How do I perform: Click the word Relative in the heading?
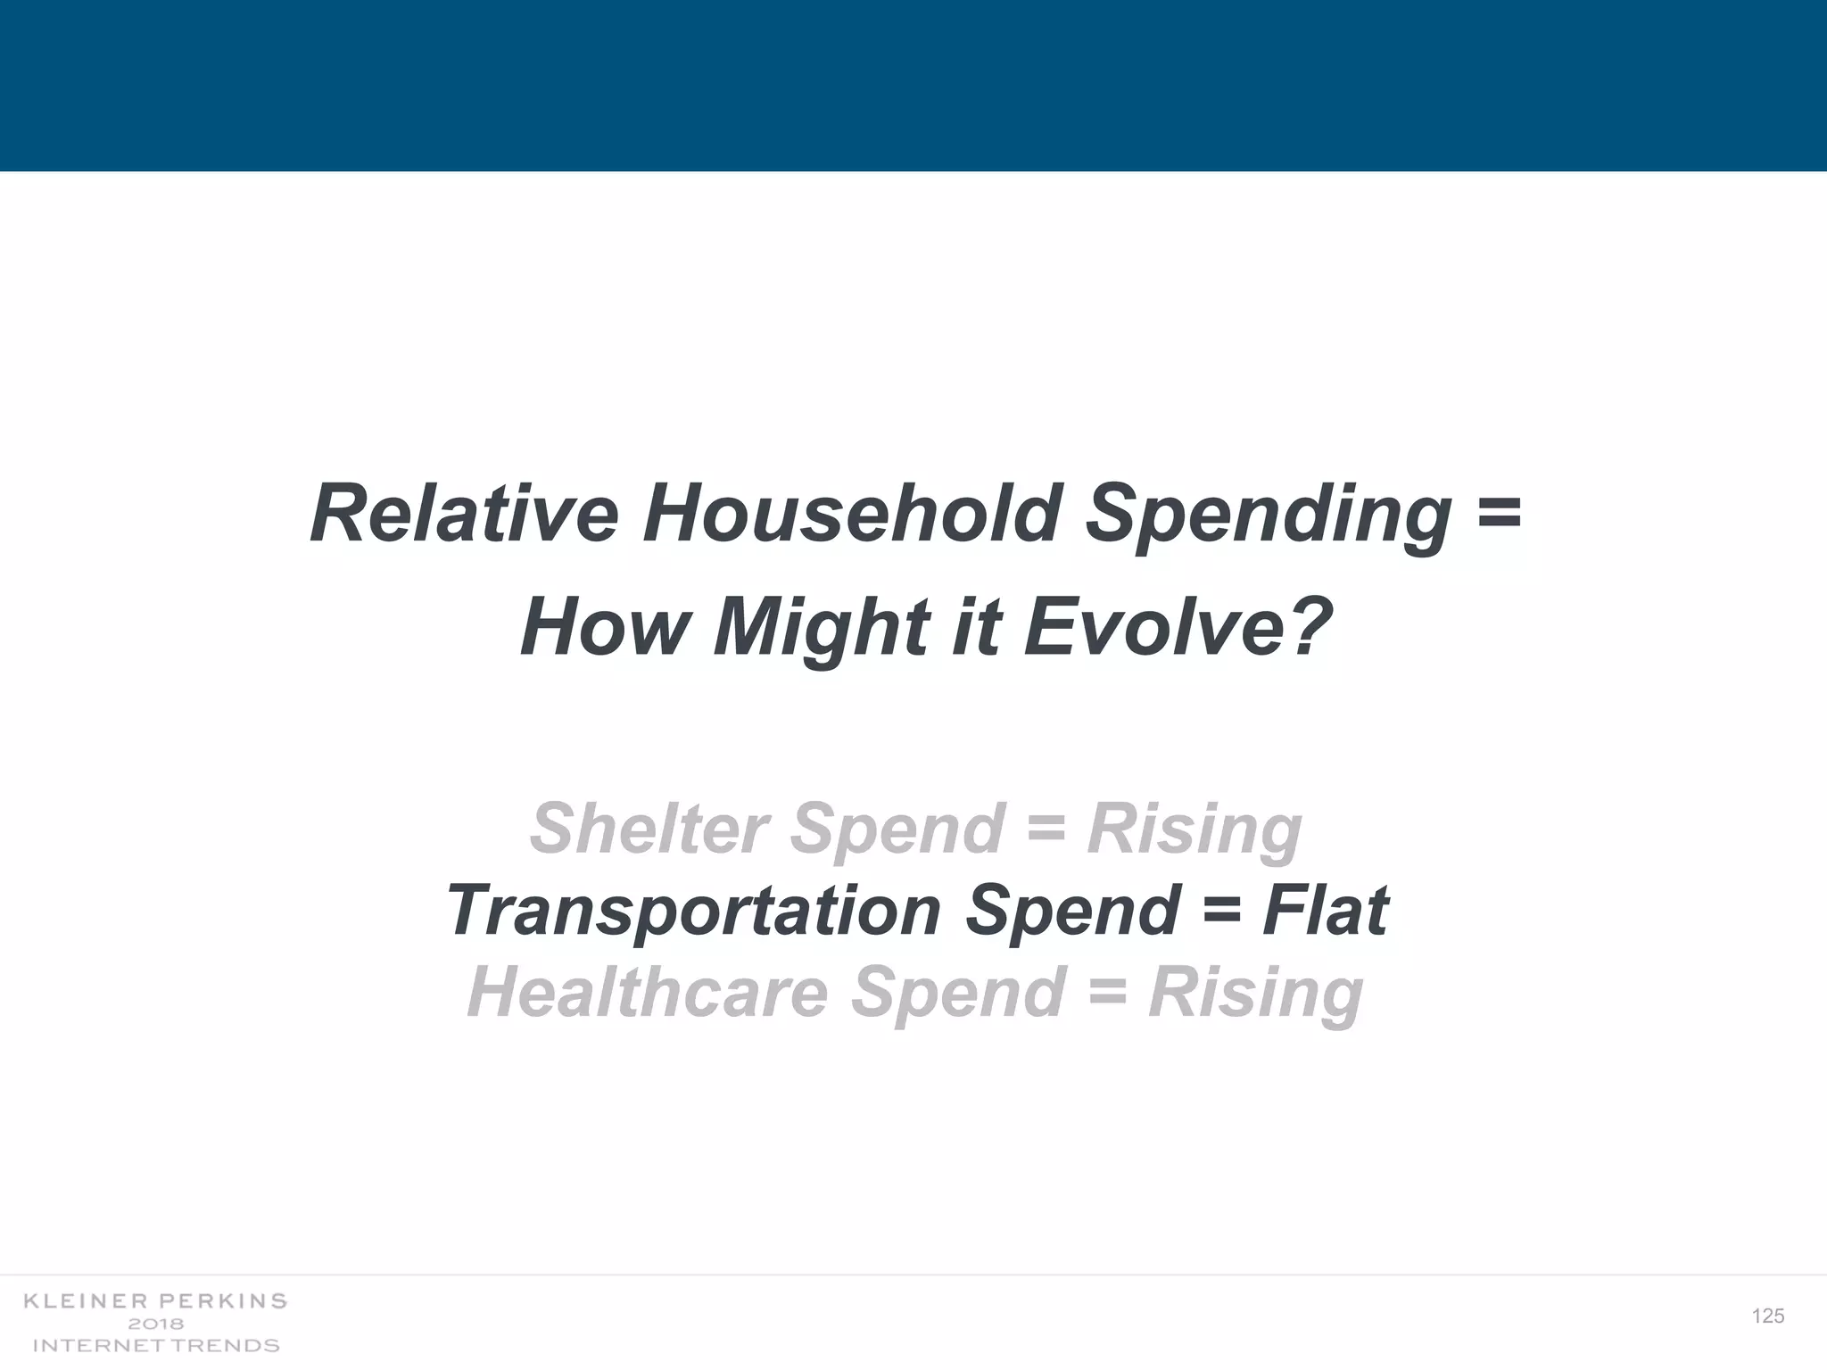click(464, 514)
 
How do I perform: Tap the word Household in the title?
click(851, 514)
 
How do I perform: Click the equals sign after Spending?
click(1499, 514)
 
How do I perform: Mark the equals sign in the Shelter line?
click(1046, 828)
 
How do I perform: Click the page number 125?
click(1767, 1316)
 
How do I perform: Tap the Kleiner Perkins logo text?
click(155, 1300)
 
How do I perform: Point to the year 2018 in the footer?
click(155, 1324)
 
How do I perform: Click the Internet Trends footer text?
click(155, 1345)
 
